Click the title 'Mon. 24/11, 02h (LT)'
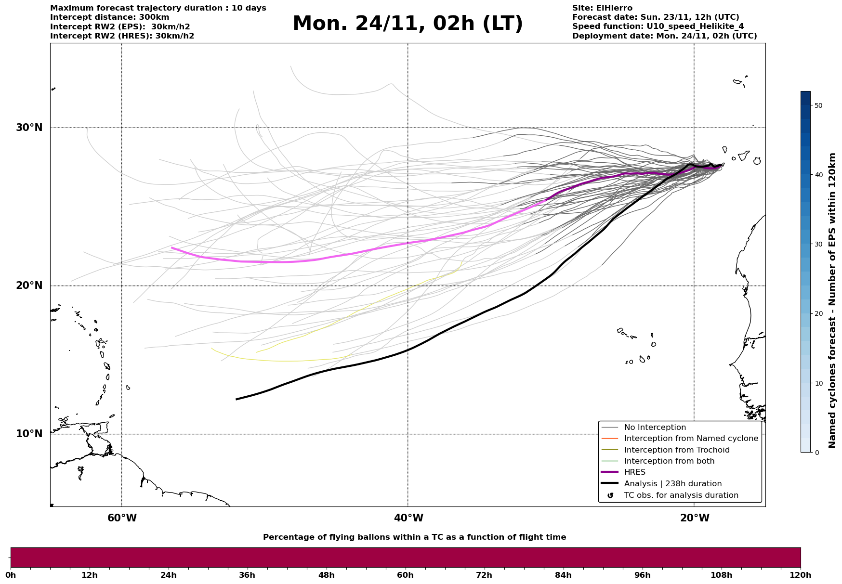(408, 24)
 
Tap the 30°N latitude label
(29, 128)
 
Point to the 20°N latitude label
(29, 286)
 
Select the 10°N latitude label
(29, 434)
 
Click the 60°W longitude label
(122, 518)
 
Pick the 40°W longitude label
(408, 518)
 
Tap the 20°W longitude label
(695, 518)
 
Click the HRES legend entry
(634, 472)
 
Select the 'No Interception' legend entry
(655, 428)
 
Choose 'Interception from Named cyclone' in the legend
(691, 439)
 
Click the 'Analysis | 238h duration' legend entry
(672, 484)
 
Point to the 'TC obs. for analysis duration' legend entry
(681, 495)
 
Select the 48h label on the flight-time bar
(327, 575)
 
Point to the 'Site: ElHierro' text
(602, 8)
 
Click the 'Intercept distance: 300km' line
(110, 17)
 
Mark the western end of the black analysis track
(236, 399)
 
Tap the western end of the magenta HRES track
(172, 247)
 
